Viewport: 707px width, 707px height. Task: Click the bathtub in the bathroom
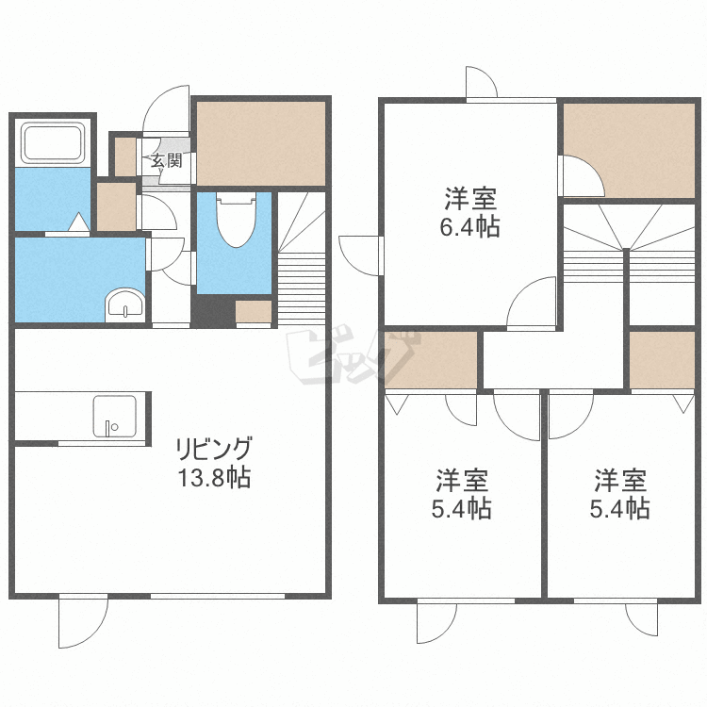54,144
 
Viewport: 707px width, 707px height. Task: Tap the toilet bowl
235,220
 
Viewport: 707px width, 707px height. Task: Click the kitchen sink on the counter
114,415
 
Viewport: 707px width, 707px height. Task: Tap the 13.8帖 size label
216,477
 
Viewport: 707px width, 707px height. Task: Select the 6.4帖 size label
472,227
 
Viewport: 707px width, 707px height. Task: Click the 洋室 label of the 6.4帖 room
472,198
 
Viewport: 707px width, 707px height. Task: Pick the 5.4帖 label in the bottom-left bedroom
461,509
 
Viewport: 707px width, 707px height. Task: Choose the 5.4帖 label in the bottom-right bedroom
619,509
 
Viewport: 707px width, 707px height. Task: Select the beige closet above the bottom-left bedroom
432,359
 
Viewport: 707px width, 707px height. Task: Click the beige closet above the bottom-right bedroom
663,359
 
